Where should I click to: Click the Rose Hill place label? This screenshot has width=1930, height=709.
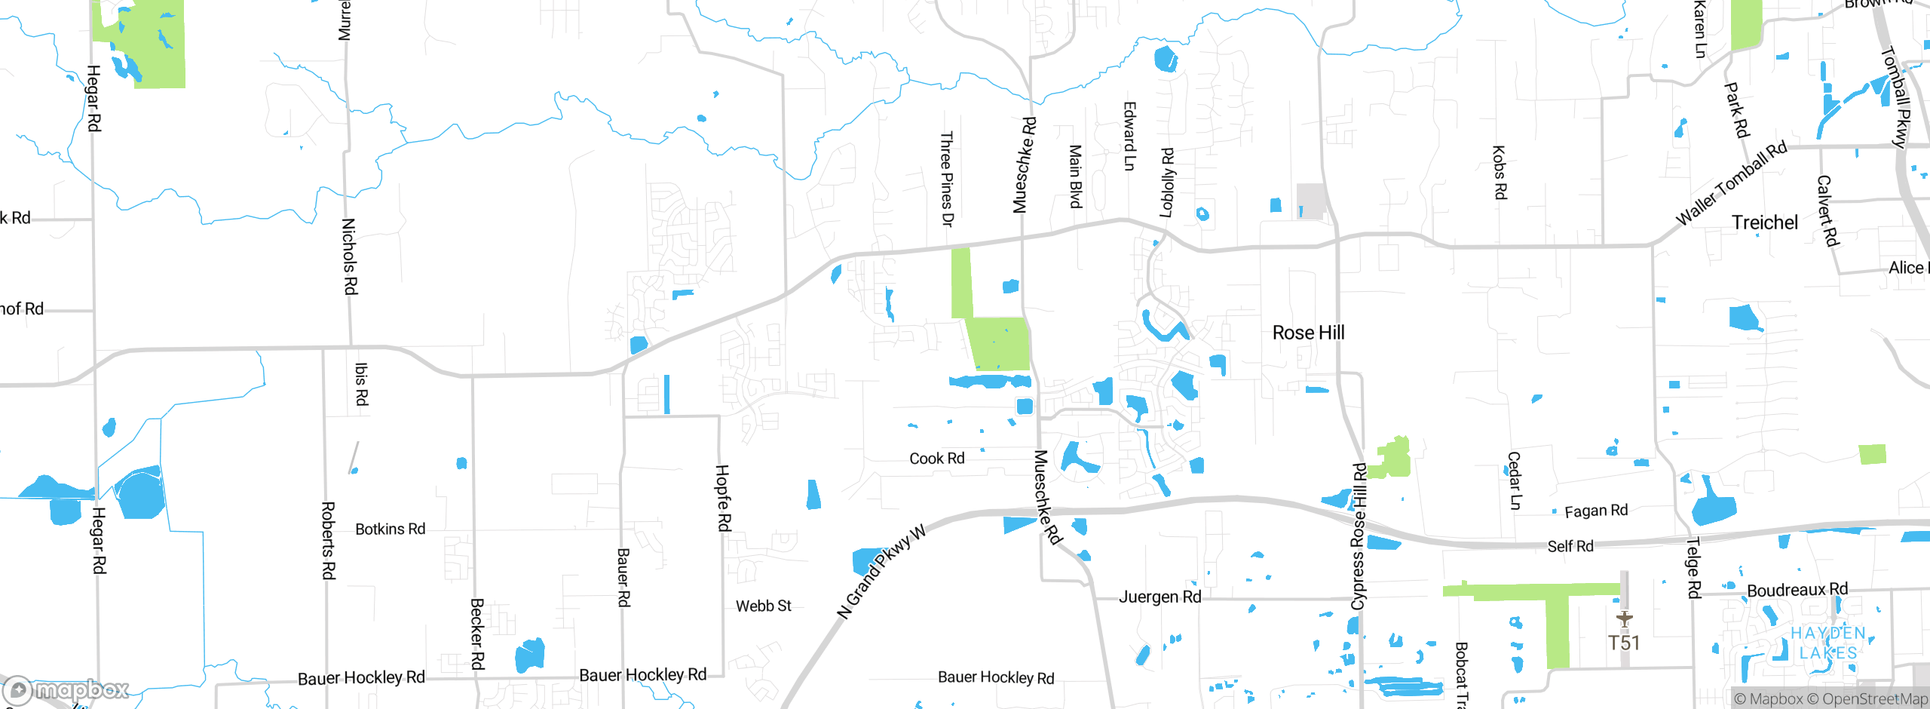[x=1308, y=333]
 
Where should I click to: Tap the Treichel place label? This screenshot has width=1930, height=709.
[x=1764, y=223]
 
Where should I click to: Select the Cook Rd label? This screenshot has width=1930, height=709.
[x=936, y=459]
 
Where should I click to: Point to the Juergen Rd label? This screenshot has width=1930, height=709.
[x=1160, y=597]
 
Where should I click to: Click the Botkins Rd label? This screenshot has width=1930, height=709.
[x=390, y=529]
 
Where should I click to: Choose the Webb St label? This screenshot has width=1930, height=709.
[x=763, y=606]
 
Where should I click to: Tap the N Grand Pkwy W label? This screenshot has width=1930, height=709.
[x=881, y=572]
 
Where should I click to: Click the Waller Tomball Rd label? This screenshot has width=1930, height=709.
[x=1731, y=183]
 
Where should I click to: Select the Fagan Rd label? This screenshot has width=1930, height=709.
[x=1596, y=511]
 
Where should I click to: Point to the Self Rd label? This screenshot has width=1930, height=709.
[x=1570, y=546]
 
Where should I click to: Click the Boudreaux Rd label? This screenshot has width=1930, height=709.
[x=1797, y=590]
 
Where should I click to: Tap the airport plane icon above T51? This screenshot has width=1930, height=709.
[x=1624, y=619]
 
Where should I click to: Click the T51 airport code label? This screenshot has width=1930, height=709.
[x=1624, y=643]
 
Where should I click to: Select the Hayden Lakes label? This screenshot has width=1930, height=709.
[x=1827, y=643]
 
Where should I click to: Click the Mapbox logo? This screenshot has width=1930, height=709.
[x=66, y=689]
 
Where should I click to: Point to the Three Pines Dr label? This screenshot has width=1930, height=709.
[x=947, y=179]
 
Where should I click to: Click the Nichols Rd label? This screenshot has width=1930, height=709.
[x=349, y=256]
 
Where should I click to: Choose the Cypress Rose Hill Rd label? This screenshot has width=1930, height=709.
[x=1359, y=536]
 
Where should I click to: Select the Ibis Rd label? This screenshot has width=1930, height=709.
[x=361, y=384]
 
